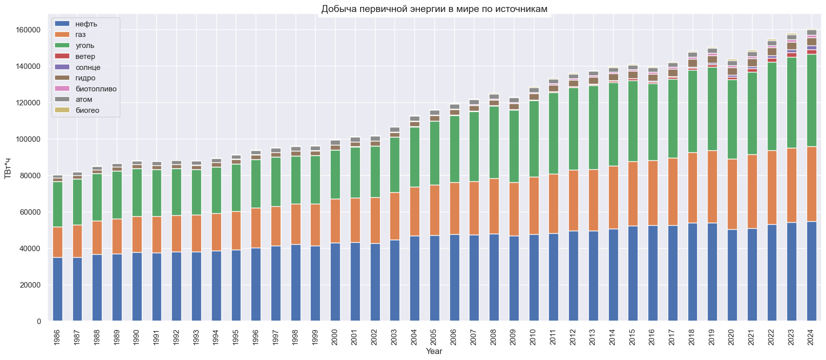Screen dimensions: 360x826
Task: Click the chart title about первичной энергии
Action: pyautogui.click(x=434, y=9)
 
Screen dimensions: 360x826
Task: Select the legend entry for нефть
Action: pyautogui.click(x=86, y=24)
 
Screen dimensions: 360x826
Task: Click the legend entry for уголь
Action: pyautogui.click(x=85, y=45)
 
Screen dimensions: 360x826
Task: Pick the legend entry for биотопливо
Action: pyautogui.click(x=96, y=89)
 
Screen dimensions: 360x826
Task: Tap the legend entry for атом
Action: pyautogui.click(x=84, y=99)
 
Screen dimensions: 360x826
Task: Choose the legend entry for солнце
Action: pyautogui.click(x=88, y=67)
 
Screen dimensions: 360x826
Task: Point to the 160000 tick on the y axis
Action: pyautogui.click(x=28, y=30)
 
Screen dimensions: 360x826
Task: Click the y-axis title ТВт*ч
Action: pyautogui.click(x=8, y=168)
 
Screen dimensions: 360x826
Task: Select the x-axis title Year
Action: pyautogui.click(x=434, y=352)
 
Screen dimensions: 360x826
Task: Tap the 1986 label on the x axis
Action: pyautogui.click(x=57, y=337)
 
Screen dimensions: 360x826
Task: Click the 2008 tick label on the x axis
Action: pyautogui.click(x=494, y=337)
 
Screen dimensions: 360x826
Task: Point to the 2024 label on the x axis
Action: pyautogui.click(x=812, y=337)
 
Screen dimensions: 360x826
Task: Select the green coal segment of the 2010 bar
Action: pyautogui.click(x=534, y=139)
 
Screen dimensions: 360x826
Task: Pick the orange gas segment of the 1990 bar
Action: pyautogui.click(x=137, y=234)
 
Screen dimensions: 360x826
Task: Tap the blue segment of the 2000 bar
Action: pyautogui.click(x=335, y=282)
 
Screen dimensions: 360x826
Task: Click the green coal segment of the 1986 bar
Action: pyautogui.click(x=57, y=204)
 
